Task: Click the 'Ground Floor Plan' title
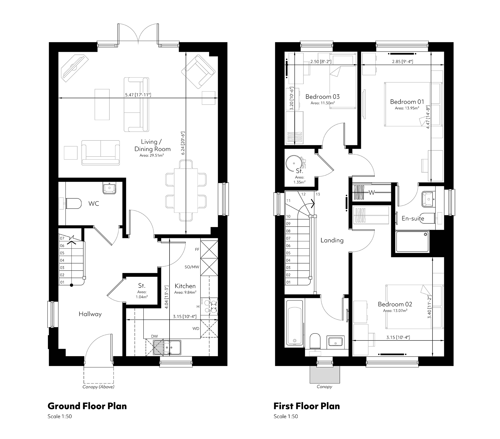coord(87,406)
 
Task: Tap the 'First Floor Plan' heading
coord(307,406)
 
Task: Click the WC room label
coord(94,204)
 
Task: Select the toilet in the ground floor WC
coord(73,203)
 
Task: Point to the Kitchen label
coord(185,286)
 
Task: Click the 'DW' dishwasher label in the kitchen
coord(154,336)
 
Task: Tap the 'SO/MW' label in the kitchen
coord(192,267)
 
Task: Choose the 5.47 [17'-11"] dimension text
coord(138,95)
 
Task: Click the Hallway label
coord(90,314)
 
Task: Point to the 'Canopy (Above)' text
coord(98,387)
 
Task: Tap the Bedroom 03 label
coord(322,97)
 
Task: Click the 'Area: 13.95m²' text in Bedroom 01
coord(407,108)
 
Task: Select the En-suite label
coord(413,218)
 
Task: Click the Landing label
coord(332,240)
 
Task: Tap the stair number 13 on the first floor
coord(318,194)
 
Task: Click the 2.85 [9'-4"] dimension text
coord(403,62)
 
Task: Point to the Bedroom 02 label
coord(395,304)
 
